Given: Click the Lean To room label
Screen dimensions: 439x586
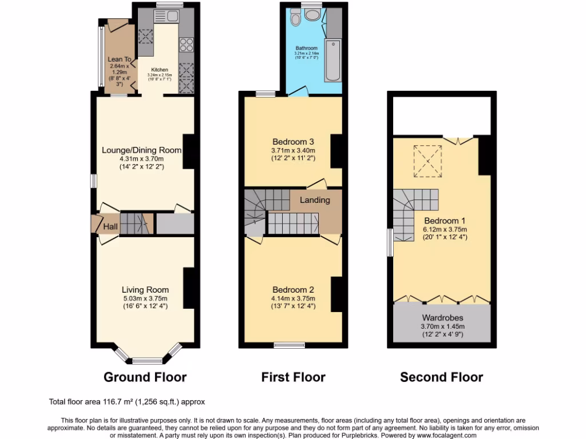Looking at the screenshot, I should pos(120,59).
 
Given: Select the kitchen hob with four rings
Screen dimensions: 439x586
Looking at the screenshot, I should pos(187,44).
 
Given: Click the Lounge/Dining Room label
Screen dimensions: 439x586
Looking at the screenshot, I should pos(141,150).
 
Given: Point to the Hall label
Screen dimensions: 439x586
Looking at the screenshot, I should pos(110,227).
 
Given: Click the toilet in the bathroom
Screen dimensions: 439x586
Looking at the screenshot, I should pos(295,19).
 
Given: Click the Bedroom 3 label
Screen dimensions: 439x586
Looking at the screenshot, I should pos(293,141).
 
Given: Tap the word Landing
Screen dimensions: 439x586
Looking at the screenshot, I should pos(315,200).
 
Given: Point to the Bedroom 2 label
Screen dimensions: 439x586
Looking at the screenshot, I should pos(293,289).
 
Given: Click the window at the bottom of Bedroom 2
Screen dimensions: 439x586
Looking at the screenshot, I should pos(289,345).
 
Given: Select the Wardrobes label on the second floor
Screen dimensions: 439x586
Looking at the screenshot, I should pos(442,317).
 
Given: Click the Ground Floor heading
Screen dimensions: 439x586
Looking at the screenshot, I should pos(145,377).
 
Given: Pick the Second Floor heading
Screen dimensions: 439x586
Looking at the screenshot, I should pos(441,377).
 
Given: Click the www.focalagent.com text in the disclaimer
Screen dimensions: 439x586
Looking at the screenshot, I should pos(443,435).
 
